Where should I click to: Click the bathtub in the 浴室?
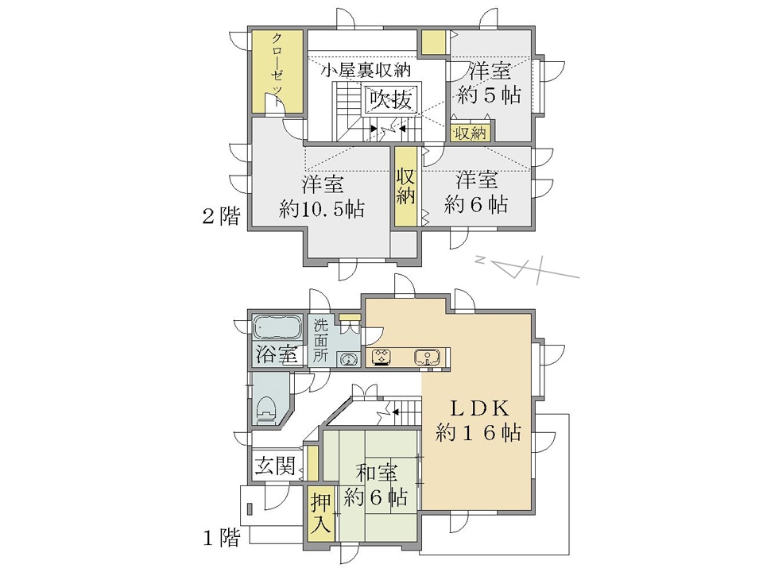tap(277, 328)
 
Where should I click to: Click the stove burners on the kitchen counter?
tap(383, 357)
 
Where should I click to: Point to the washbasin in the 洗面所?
tap(347, 359)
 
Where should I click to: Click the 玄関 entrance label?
tap(276, 466)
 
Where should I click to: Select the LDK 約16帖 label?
tap(478, 420)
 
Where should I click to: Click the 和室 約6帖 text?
tap(376, 485)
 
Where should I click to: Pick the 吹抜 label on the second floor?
tap(391, 100)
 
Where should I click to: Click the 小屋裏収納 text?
tap(366, 71)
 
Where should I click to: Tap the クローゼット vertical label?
tap(277, 70)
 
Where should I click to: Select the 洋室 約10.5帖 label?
tap(322, 196)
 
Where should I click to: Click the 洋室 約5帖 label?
tap(489, 83)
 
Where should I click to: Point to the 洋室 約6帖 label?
tap(476, 192)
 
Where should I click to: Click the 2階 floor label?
tap(222, 215)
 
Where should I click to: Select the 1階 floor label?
tap(222, 538)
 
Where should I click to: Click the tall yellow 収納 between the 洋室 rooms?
tap(405, 186)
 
